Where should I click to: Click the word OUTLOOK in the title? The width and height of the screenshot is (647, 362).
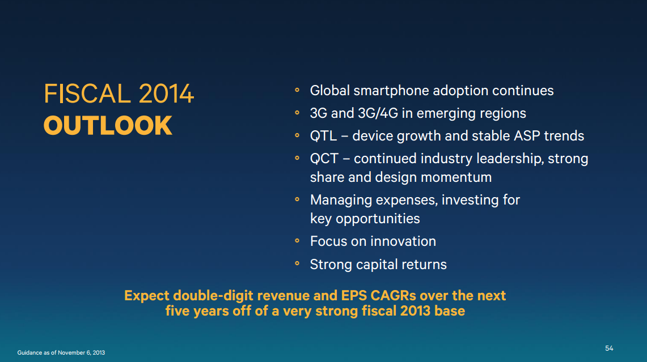pos(108,125)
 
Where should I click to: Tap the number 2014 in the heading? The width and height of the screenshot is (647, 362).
pos(166,93)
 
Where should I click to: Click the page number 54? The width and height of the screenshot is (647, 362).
pos(609,348)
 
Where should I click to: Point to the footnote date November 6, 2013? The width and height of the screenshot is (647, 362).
pos(81,352)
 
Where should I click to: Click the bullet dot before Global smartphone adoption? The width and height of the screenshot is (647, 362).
pos(297,90)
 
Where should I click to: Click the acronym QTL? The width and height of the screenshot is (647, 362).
pos(323,136)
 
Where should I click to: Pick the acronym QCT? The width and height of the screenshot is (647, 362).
pos(324,159)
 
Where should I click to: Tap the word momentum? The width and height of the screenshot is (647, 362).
pos(456,177)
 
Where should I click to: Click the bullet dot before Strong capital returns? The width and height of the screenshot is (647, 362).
pos(297,263)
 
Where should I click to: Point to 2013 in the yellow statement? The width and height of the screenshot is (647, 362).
pos(415,311)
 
